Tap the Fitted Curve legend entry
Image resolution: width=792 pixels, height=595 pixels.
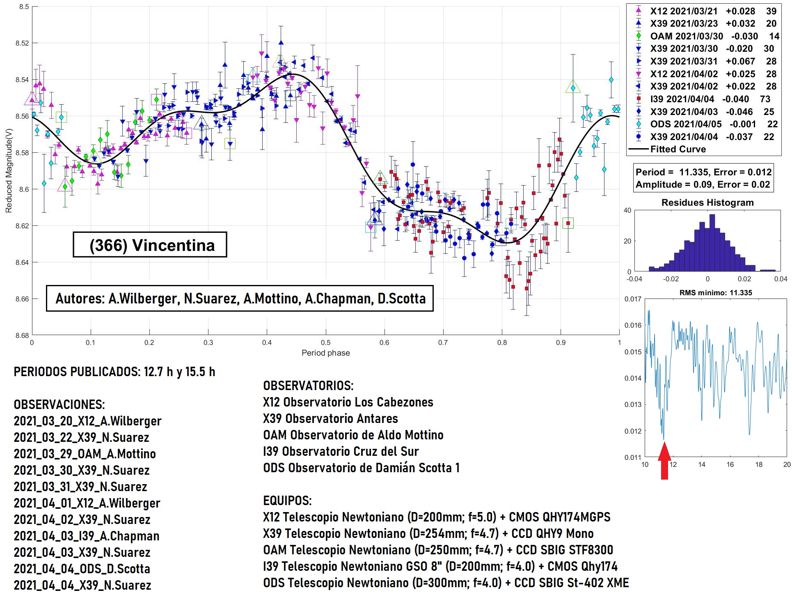(678, 149)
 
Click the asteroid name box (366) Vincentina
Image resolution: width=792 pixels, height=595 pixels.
(150, 245)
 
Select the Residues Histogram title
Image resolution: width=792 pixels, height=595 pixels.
(707, 202)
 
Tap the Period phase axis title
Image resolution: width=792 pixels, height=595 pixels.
(325, 353)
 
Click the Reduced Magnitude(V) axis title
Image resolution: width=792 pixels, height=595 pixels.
(9, 170)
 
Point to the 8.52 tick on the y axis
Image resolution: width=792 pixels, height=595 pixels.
(22, 43)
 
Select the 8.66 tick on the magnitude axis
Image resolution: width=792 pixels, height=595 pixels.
(22, 299)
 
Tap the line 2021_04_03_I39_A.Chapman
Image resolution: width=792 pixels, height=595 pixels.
(87, 536)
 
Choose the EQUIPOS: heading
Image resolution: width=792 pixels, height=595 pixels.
(287, 501)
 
